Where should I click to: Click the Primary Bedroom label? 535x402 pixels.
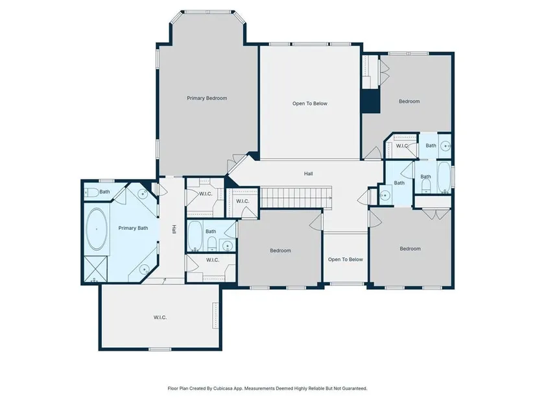(207, 98)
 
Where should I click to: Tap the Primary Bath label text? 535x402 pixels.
(133, 228)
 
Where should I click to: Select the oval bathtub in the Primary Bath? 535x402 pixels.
(97, 229)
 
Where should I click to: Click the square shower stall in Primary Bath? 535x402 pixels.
(95, 268)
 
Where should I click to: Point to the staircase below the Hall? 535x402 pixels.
(296, 197)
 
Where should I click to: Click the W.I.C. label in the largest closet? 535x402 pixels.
(160, 318)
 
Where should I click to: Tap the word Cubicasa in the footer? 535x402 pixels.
(223, 388)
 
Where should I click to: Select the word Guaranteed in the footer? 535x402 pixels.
(355, 388)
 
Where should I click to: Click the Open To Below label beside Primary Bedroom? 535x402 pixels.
(310, 103)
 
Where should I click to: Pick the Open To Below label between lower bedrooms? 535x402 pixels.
(345, 260)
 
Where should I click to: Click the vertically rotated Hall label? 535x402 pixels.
(174, 229)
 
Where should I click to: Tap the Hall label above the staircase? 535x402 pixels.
(309, 173)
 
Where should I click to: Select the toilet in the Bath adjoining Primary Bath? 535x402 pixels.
(91, 192)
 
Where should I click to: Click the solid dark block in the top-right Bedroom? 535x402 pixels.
(370, 101)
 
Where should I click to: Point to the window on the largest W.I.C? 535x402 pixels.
(160, 349)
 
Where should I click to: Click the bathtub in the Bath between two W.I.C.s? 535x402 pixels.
(195, 236)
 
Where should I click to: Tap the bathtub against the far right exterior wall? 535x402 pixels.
(444, 177)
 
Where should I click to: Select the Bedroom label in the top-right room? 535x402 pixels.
(409, 101)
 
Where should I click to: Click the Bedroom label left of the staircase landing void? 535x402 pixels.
(280, 251)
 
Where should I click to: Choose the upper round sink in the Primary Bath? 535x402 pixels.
(143, 194)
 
